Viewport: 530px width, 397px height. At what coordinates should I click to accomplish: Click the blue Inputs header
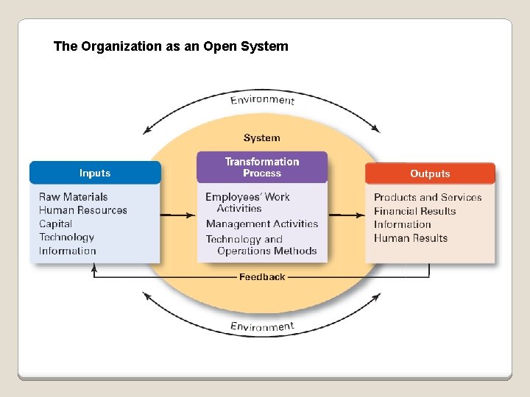tap(95, 173)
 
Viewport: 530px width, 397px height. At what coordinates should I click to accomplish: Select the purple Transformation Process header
tap(262, 168)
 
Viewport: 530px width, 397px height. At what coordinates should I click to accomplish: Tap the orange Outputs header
tap(430, 174)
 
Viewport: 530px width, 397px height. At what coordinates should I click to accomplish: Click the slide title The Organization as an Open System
tap(171, 46)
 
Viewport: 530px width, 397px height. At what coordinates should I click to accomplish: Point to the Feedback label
tap(262, 277)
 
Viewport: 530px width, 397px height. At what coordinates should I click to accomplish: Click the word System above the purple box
tap(262, 137)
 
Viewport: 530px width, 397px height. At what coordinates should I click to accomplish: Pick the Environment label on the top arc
tap(262, 100)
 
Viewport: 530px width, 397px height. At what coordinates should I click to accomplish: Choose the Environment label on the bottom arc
tap(262, 326)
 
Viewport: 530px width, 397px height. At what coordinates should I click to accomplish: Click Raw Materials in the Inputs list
tap(73, 196)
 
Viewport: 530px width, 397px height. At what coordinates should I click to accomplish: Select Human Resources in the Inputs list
tap(82, 210)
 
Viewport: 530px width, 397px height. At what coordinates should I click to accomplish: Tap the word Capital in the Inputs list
tap(56, 223)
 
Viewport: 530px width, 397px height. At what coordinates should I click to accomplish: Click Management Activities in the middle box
tap(262, 223)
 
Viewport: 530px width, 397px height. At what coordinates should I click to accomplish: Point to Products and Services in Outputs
tap(428, 197)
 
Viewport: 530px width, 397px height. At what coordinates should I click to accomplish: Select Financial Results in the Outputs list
tap(415, 211)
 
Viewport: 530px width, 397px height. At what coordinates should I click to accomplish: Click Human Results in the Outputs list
tap(411, 237)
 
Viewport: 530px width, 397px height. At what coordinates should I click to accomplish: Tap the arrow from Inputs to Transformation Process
tap(178, 215)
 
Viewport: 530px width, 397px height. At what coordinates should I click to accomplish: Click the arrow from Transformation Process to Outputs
tap(346, 215)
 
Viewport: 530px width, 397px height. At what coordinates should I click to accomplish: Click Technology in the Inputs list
tap(67, 237)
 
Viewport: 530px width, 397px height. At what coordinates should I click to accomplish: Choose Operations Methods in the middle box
tap(267, 251)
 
